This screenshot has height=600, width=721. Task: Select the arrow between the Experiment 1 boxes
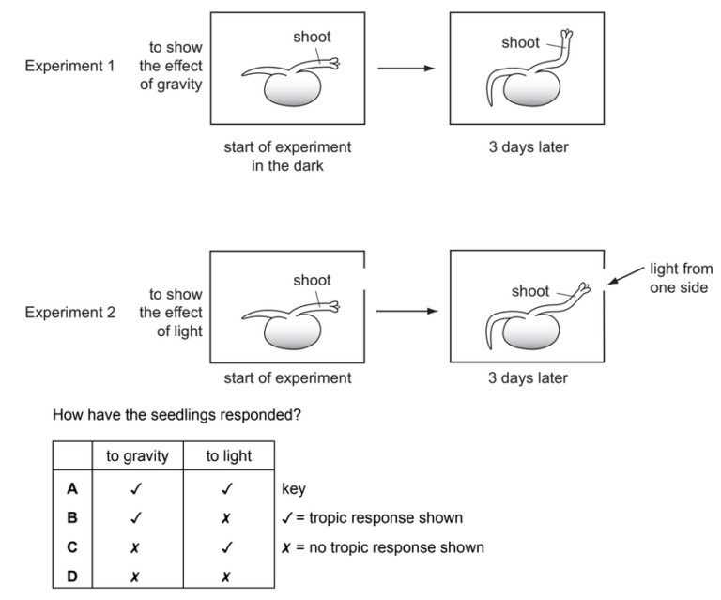(407, 69)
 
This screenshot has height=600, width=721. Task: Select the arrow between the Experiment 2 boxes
(407, 310)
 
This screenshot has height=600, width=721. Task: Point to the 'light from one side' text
(678, 278)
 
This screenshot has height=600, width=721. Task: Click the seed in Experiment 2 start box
(287, 333)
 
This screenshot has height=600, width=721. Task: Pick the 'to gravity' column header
(137, 457)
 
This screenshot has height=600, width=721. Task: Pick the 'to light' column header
(230, 457)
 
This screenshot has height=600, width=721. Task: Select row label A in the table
(71, 489)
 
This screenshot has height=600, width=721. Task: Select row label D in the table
(71, 575)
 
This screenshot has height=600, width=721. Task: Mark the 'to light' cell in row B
(230, 518)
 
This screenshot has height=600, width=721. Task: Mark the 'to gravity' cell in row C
(137, 546)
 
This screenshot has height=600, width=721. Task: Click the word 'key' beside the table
(293, 489)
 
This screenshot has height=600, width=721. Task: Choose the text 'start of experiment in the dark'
(287, 156)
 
